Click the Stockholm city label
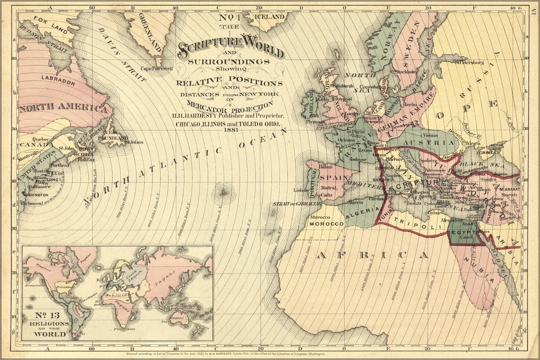(x=406, y=71)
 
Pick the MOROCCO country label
(x=327, y=224)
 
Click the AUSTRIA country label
(x=429, y=143)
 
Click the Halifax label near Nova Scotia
(x=86, y=160)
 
